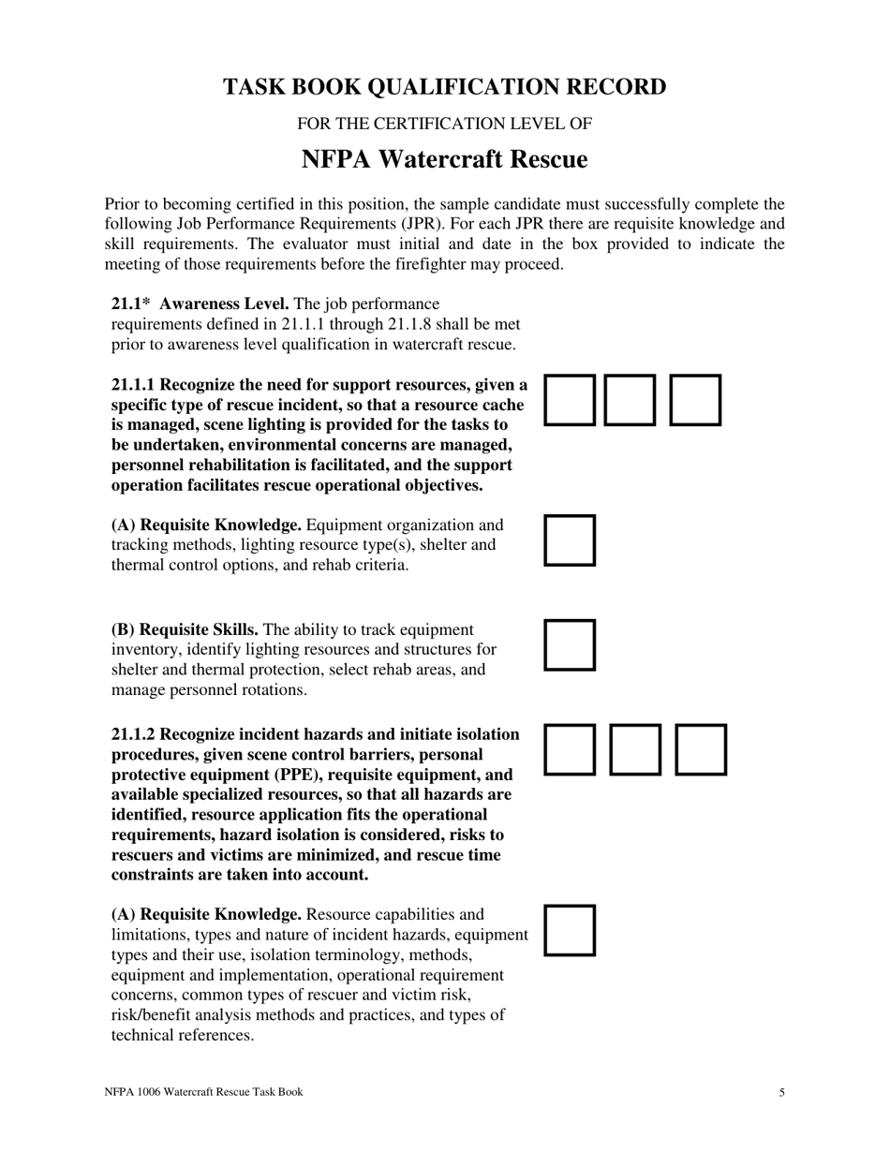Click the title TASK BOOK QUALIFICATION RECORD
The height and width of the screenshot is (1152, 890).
click(x=444, y=87)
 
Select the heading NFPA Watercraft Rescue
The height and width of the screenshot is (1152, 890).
click(x=444, y=160)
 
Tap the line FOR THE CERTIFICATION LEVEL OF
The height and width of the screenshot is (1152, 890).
click(x=444, y=124)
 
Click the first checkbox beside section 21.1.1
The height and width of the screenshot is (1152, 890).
click(x=570, y=401)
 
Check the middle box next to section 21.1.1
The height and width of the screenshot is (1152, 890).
click(x=630, y=401)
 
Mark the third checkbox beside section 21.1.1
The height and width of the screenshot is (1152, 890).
click(x=695, y=401)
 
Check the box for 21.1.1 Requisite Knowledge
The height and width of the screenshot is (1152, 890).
click(x=570, y=540)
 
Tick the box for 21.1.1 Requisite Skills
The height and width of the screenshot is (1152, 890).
click(x=570, y=645)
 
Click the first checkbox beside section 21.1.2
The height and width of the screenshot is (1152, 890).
click(x=570, y=749)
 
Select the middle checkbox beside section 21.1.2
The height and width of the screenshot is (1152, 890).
click(x=635, y=749)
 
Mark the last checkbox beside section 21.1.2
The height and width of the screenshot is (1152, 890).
click(x=701, y=749)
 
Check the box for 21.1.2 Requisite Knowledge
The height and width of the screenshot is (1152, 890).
click(x=570, y=930)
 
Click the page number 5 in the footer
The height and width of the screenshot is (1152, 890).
click(x=781, y=1092)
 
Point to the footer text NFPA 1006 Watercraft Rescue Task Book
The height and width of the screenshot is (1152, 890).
click(x=203, y=1092)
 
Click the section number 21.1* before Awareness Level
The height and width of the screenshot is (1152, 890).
click(x=131, y=304)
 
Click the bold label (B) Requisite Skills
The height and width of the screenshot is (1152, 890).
click(x=185, y=629)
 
